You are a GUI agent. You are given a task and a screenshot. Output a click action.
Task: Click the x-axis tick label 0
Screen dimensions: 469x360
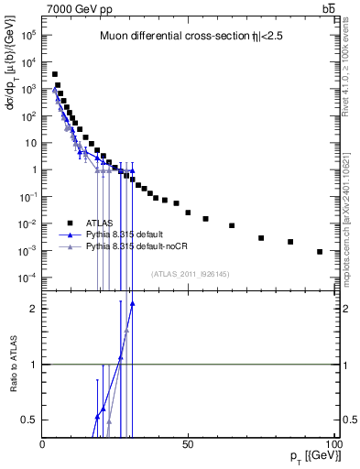click(43, 442)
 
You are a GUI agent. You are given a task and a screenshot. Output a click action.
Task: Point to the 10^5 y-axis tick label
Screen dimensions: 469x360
click(28, 35)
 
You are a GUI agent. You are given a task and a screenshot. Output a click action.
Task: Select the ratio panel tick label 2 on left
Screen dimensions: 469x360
click(34, 309)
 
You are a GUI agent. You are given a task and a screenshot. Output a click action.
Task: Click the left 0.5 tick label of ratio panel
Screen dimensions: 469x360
click(30, 420)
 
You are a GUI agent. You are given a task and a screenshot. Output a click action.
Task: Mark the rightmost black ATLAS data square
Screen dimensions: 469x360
click(320, 252)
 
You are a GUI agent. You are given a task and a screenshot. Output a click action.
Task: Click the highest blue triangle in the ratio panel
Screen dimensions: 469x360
click(133, 303)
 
